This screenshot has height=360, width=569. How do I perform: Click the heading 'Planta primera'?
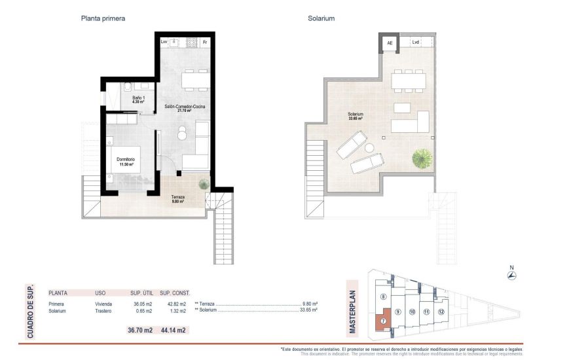click(103, 19)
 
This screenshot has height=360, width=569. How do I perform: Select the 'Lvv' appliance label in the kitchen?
click(164, 43)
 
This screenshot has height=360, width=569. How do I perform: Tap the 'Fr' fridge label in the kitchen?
click(205, 43)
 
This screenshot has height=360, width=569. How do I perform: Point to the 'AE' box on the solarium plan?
click(390, 43)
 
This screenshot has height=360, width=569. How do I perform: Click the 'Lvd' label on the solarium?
click(415, 43)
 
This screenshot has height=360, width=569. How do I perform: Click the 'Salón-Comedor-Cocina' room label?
click(181, 108)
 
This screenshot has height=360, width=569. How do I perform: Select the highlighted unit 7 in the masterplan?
click(382, 321)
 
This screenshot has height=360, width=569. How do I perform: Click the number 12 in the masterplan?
click(441, 312)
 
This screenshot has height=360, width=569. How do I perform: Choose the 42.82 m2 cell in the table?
click(175, 304)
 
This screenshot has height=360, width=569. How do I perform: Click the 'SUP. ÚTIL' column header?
click(141, 294)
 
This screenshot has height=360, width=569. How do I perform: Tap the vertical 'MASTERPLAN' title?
click(352, 312)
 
